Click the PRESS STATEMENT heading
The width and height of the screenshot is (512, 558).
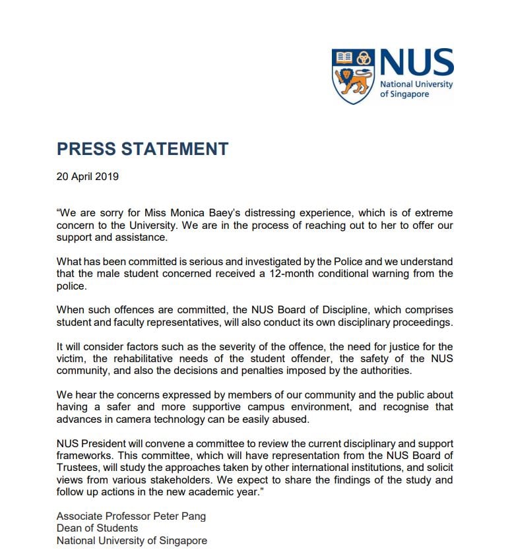click(143, 148)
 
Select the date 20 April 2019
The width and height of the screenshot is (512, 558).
click(88, 177)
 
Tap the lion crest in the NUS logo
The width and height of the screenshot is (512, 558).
click(353, 76)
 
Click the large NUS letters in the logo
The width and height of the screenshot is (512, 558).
click(416, 63)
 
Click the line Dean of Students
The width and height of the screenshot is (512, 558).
click(97, 528)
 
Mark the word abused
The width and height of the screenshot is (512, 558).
click(309, 419)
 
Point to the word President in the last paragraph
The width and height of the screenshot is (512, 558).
click(104, 443)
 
